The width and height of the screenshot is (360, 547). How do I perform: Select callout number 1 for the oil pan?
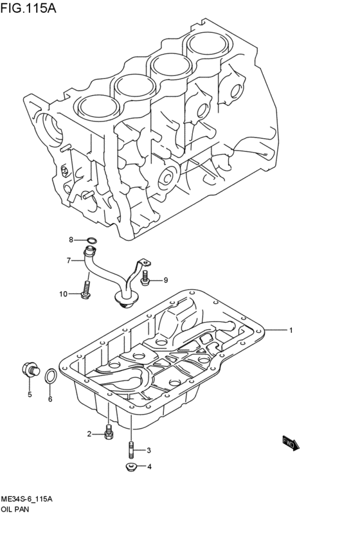pyautogui.click(x=291, y=330)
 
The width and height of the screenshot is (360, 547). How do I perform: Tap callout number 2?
pyautogui.click(x=90, y=434)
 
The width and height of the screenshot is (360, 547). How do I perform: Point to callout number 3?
pyautogui.click(x=148, y=450)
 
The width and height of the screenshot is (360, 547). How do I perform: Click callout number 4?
pyautogui.click(x=149, y=467)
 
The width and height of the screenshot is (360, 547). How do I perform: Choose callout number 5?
pyautogui.click(x=29, y=395)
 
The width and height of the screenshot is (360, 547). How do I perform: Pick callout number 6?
pyautogui.click(x=50, y=399)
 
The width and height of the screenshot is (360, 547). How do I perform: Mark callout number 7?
pyautogui.click(x=67, y=260)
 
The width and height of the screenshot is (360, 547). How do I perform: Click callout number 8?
pyautogui.click(x=72, y=240)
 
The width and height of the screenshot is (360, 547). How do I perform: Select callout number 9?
pyautogui.click(x=165, y=280)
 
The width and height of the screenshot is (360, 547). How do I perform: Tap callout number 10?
pyautogui.click(x=64, y=294)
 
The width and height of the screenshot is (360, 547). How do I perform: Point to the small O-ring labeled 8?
pyautogui.click(x=91, y=242)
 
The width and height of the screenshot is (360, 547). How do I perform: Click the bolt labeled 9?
pyautogui.click(x=146, y=279)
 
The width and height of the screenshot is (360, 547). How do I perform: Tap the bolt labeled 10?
pyautogui.click(x=85, y=289)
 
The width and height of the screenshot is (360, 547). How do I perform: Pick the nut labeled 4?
pyautogui.click(x=130, y=466)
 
